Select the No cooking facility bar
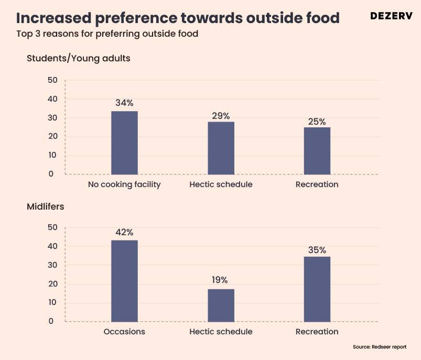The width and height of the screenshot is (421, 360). click(124, 143)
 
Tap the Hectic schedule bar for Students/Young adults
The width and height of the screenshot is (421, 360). click(221, 148)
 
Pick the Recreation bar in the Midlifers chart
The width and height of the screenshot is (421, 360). click(317, 289)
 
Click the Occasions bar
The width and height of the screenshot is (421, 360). click(124, 281)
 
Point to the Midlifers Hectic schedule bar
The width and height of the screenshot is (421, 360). click(221, 305)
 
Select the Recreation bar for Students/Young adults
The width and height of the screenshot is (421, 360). click(317, 150)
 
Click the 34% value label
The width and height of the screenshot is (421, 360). click(124, 103)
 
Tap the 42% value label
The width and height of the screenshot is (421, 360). click(124, 232)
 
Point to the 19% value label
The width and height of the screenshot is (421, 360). click(221, 280)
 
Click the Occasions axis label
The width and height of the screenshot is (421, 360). click(124, 332)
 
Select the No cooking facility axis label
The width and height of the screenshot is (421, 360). click(124, 184)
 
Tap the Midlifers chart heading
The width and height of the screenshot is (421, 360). click(46, 207)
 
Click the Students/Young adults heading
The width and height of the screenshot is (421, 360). click(79, 59)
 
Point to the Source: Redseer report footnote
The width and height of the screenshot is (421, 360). click(379, 347)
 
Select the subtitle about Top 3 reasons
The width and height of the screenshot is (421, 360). click(107, 35)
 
